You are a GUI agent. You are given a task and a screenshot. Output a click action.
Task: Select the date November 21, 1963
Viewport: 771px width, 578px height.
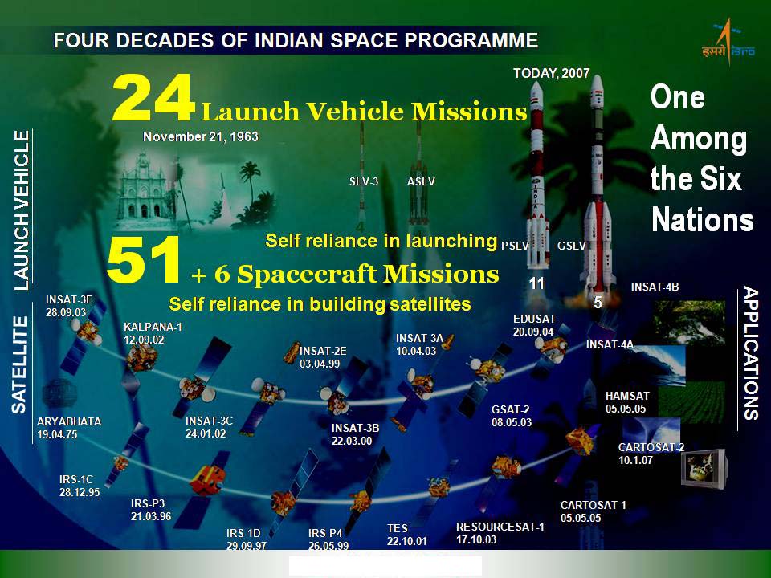point(201,136)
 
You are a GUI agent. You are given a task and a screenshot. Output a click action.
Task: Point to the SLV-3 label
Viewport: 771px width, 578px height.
point(363,182)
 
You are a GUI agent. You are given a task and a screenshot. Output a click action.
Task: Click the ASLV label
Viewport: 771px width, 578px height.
point(421,182)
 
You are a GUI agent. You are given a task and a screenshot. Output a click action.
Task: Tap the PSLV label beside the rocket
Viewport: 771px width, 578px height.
point(515,246)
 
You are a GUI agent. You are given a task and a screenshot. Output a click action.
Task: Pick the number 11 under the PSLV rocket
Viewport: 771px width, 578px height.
point(536,283)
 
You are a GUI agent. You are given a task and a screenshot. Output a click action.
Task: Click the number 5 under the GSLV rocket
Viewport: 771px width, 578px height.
point(598,303)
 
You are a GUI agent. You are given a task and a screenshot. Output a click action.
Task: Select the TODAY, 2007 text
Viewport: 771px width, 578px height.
point(551,73)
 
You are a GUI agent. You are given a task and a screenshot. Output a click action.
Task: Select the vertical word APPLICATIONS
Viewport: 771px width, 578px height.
point(750,353)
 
